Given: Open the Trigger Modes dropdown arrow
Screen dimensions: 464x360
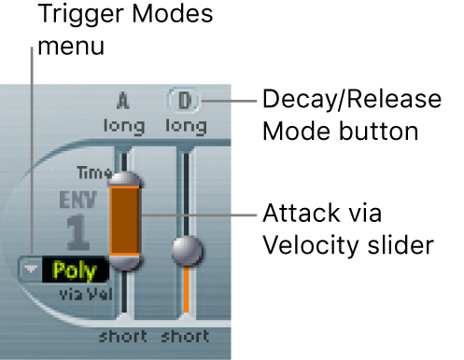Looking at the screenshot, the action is pyautogui.click(x=31, y=270).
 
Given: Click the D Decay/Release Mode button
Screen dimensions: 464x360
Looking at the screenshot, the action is pyautogui.click(x=184, y=101).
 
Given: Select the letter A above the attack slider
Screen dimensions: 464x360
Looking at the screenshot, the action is pyautogui.click(x=123, y=101).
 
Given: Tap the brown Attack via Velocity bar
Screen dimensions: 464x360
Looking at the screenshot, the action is pyautogui.click(x=124, y=221).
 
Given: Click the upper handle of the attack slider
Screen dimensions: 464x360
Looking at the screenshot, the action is pyautogui.click(x=125, y=179).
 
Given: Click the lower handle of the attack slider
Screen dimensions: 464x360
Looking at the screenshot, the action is pyautogui.click(x=125, y=262).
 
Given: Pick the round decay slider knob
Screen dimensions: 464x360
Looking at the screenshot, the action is pyautogui.click(x=188, y=251).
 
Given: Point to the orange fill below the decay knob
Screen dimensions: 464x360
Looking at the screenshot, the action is pyautogui.click(x=186, y=289).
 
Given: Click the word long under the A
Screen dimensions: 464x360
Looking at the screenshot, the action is pyautogui.click(x=124, y=127).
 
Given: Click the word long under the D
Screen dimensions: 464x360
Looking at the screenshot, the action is pyautogui.click(x=186, y=127).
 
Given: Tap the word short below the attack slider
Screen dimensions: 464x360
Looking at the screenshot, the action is pyautogui.click(x=123, y=337).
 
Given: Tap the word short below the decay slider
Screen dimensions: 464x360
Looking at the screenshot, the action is pyautogui.click(x=185, y=337).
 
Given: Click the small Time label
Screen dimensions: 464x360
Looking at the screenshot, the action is pyautogui.click(x=94, y=173).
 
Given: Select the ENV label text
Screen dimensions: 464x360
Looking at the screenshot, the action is pyautogui.click(x=78, y=200).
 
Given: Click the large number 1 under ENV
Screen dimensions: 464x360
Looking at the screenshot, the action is pyautogui.click(x=77, y=232).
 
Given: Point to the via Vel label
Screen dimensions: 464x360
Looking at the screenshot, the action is pyautogui.click(x=86, y=294).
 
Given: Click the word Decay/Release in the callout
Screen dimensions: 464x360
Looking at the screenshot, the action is pyautogui.click(x=352, y=100).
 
